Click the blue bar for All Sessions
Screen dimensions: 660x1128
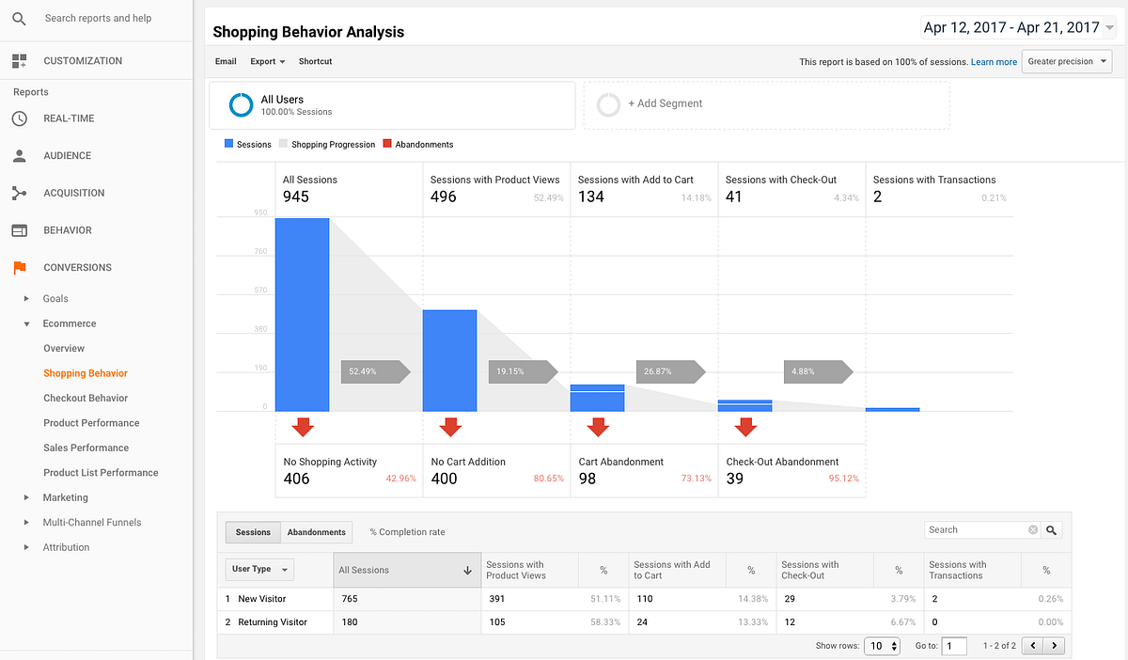302,315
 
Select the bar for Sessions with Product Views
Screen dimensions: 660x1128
449,360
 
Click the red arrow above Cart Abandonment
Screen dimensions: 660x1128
598,428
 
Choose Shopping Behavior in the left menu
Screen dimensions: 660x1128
86,373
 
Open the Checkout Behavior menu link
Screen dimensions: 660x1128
86,398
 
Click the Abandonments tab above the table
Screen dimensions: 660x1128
317,532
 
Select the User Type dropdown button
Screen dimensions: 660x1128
259,570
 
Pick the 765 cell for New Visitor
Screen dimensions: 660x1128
350,599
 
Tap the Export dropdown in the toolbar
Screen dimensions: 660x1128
267,61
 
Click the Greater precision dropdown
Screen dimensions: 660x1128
1066,62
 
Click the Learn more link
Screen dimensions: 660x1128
994,62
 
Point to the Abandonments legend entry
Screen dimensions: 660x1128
424,145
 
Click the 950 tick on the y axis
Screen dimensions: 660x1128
259,212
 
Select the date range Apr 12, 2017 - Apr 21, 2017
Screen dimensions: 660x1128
1011,28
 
